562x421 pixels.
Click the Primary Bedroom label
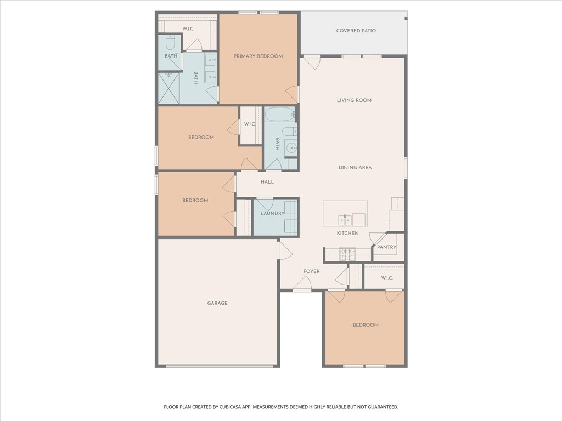[x=258, y=56]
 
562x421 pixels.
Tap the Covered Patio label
[x=356, y=31]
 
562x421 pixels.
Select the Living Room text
[x=354, y=100]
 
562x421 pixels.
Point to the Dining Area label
[x=355, y=167]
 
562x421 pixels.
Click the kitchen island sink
[x=345, y=220]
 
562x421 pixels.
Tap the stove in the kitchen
[x=347, y=254]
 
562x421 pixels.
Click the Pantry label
[x=386, y=247]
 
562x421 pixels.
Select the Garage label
[x=217, y=303]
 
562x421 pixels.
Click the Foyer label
[x=311, y=271]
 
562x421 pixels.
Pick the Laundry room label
[x=272, y=213]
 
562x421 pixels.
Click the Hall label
[x=267, y=182]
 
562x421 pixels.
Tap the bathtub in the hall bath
[x=279, y=115]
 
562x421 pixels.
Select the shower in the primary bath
[x=169, y=88]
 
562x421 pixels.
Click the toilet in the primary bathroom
[x=170, y=42]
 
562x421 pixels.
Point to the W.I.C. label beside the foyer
[x=387, y=278]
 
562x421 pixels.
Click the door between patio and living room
[x=311, y=62]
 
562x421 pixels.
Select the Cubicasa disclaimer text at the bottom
[x=280, y=407]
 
